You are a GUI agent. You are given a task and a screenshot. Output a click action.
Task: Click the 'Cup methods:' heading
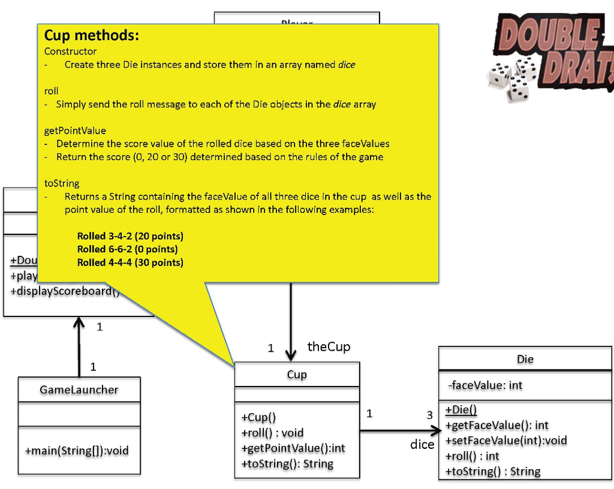pyautogui.click(x=92, y=36)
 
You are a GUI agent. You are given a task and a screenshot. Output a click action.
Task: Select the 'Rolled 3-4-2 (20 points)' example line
pyautogui.click(x=130, y=236)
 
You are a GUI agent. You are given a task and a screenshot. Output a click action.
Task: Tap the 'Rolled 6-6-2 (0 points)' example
pyautogui.click(x=127, y=249)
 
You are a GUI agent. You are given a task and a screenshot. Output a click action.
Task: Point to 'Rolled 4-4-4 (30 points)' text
pyautogui.click(x=130, y=262)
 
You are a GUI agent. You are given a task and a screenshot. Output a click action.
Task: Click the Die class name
pyautogui.click(x=525, y=360)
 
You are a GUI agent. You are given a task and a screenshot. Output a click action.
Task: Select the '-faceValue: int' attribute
pyautogui.click(x=486, y=385)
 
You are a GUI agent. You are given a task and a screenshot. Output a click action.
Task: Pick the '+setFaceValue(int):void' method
pyautogui.click(x=506, y=440)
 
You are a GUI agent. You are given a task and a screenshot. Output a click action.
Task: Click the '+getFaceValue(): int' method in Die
pyautogui.click(x=497, y=425)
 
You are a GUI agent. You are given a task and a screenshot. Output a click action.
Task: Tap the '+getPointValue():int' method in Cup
pyautogui.click(x=293, y=448)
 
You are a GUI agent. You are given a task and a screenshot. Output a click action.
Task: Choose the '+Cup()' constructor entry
pyautogui.click(x=258, y=418)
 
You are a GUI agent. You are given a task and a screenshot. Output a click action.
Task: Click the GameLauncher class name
pyautogui.click(x=79, y=390)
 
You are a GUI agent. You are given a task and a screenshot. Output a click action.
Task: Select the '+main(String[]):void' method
pyautogui.click(x=77, y=451)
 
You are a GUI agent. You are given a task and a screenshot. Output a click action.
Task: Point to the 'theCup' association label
pyautogui.click(x=329, y=346)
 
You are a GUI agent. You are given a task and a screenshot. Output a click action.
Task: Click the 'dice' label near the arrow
pyautogui.click(x=422, y=445)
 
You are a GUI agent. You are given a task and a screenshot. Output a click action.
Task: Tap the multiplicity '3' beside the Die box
pyautogui.click(x=429, y=415)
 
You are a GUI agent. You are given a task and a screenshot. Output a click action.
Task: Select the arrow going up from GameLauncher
pyautogui.click(x=79, y=348)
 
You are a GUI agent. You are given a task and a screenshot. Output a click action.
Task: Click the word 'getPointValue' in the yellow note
pyautogui.click(x=75, y=131)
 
